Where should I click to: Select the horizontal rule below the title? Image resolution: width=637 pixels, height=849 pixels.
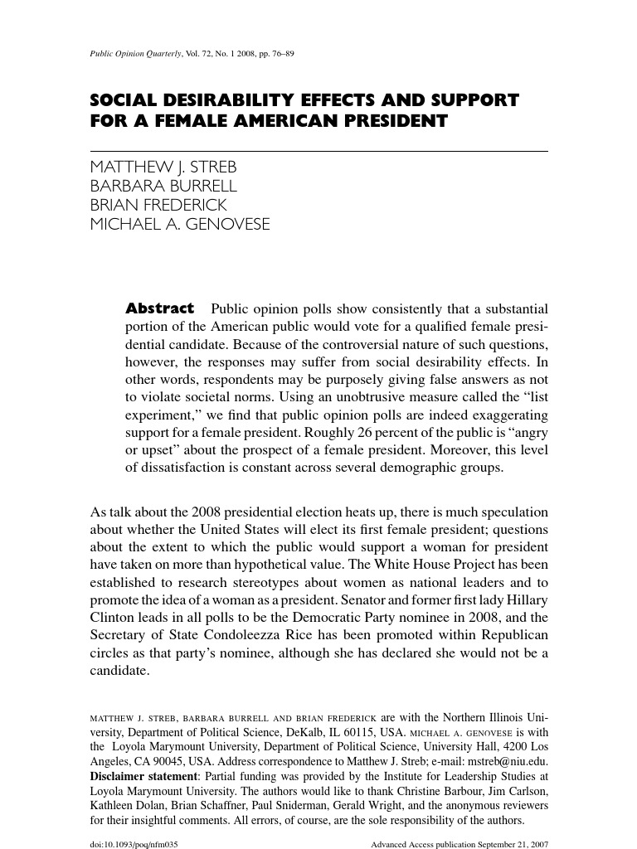(x=318, y=151)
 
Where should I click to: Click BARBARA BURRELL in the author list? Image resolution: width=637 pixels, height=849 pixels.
(x=163, y=185)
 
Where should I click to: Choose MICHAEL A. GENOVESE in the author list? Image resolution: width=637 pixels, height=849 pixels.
(x=180, y=225)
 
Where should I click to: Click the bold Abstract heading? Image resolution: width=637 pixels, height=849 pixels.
(x=159, y=308)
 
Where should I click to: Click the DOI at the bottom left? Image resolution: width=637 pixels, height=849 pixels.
(x=134, y=843)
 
